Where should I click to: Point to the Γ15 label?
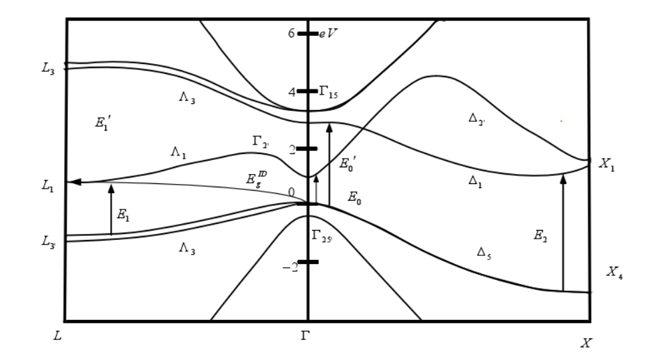point(328,93)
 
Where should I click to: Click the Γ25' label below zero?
point(321,235)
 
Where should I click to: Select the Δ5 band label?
point(486,252)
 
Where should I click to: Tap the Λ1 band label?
point(178,153)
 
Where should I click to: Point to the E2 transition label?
point(541,235)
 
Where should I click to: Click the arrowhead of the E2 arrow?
point(563,177)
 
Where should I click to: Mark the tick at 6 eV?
point(307,33)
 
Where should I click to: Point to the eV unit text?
point(329,32)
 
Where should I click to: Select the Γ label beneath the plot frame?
point(306,336)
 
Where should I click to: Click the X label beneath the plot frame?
point(586,343)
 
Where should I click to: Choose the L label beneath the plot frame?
point(57,336)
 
